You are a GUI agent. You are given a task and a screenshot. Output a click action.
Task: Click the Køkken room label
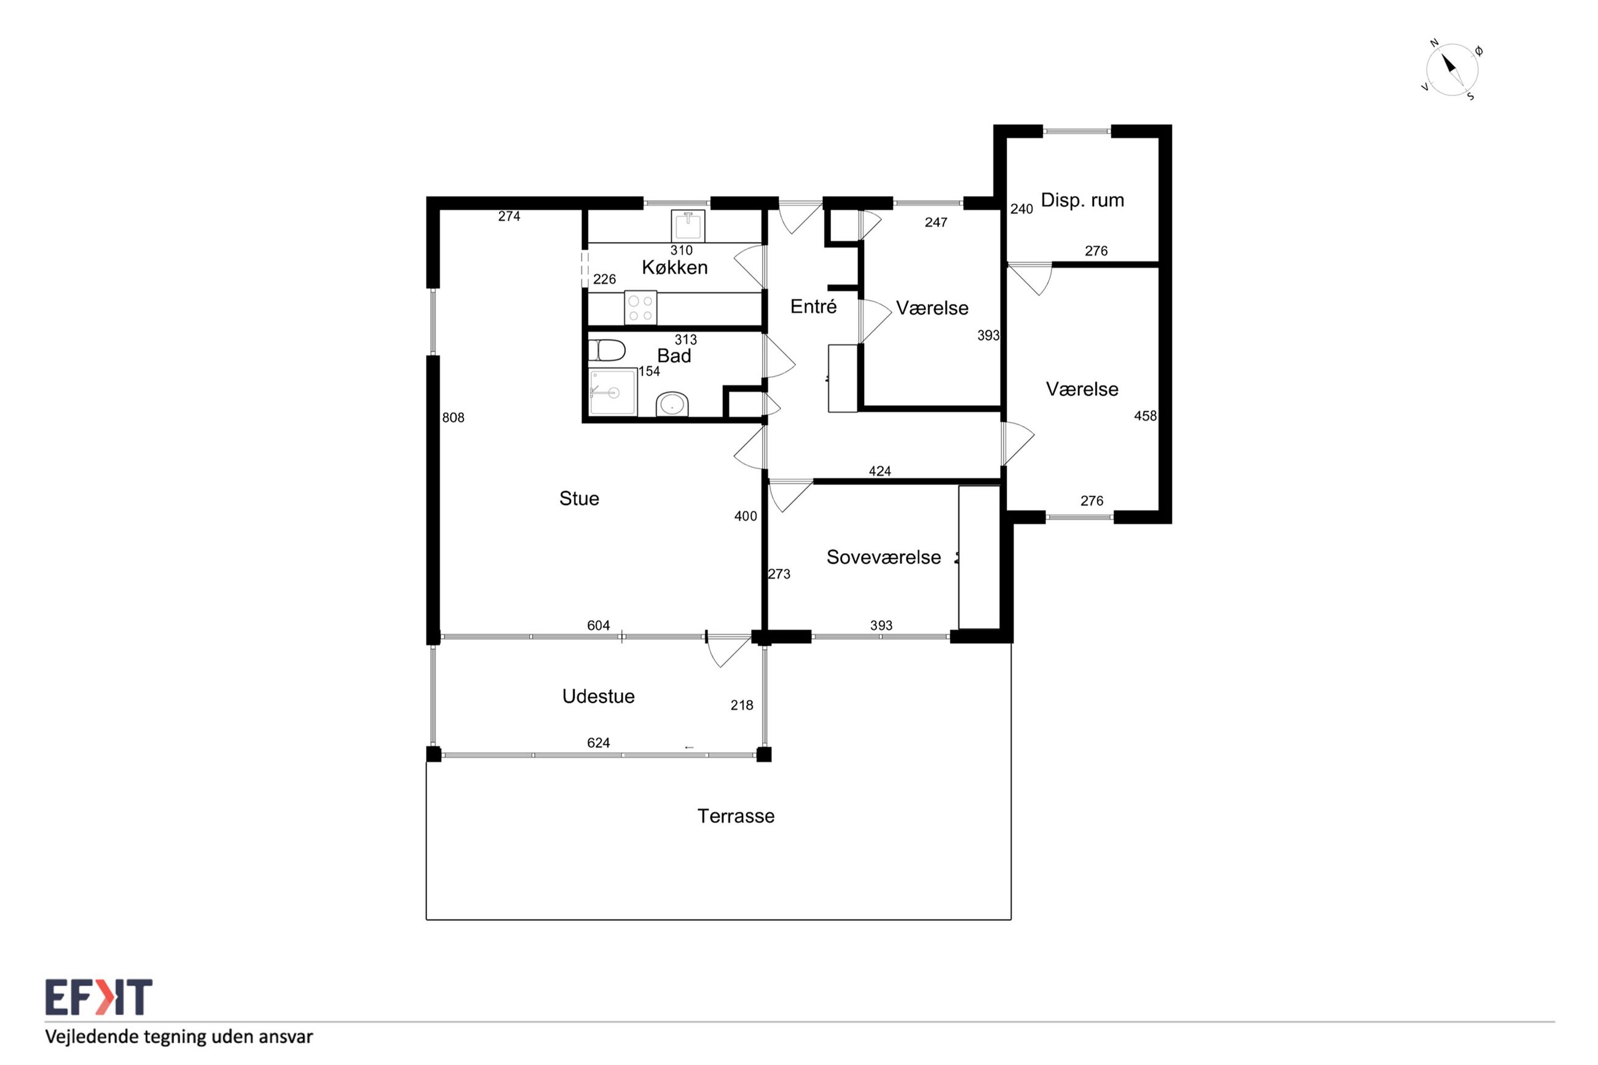point(674,267)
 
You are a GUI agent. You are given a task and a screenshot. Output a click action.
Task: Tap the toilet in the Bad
point(607,350)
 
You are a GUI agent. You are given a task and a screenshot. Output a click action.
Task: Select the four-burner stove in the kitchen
point(640,308)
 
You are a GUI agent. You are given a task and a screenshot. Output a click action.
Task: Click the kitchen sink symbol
point(687,226)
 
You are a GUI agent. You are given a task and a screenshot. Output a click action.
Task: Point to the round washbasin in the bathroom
point(672,404)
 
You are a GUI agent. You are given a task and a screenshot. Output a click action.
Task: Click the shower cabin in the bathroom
point(613,392)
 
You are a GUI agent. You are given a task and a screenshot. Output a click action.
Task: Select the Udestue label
point(598,696)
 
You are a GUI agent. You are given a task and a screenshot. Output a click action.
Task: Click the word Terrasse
point(736,815)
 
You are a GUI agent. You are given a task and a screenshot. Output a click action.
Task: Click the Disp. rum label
point(1082,200)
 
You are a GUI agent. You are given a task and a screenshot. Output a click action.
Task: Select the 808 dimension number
point(453,418)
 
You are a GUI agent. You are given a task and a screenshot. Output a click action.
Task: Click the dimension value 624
point(598,743)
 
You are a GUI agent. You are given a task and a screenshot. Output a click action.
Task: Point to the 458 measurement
point(1145,415)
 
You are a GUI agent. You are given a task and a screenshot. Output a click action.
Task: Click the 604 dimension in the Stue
point(598,626)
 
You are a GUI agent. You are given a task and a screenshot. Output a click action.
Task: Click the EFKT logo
point(99,996)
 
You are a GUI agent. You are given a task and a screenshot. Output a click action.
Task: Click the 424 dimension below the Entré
point(880,471)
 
